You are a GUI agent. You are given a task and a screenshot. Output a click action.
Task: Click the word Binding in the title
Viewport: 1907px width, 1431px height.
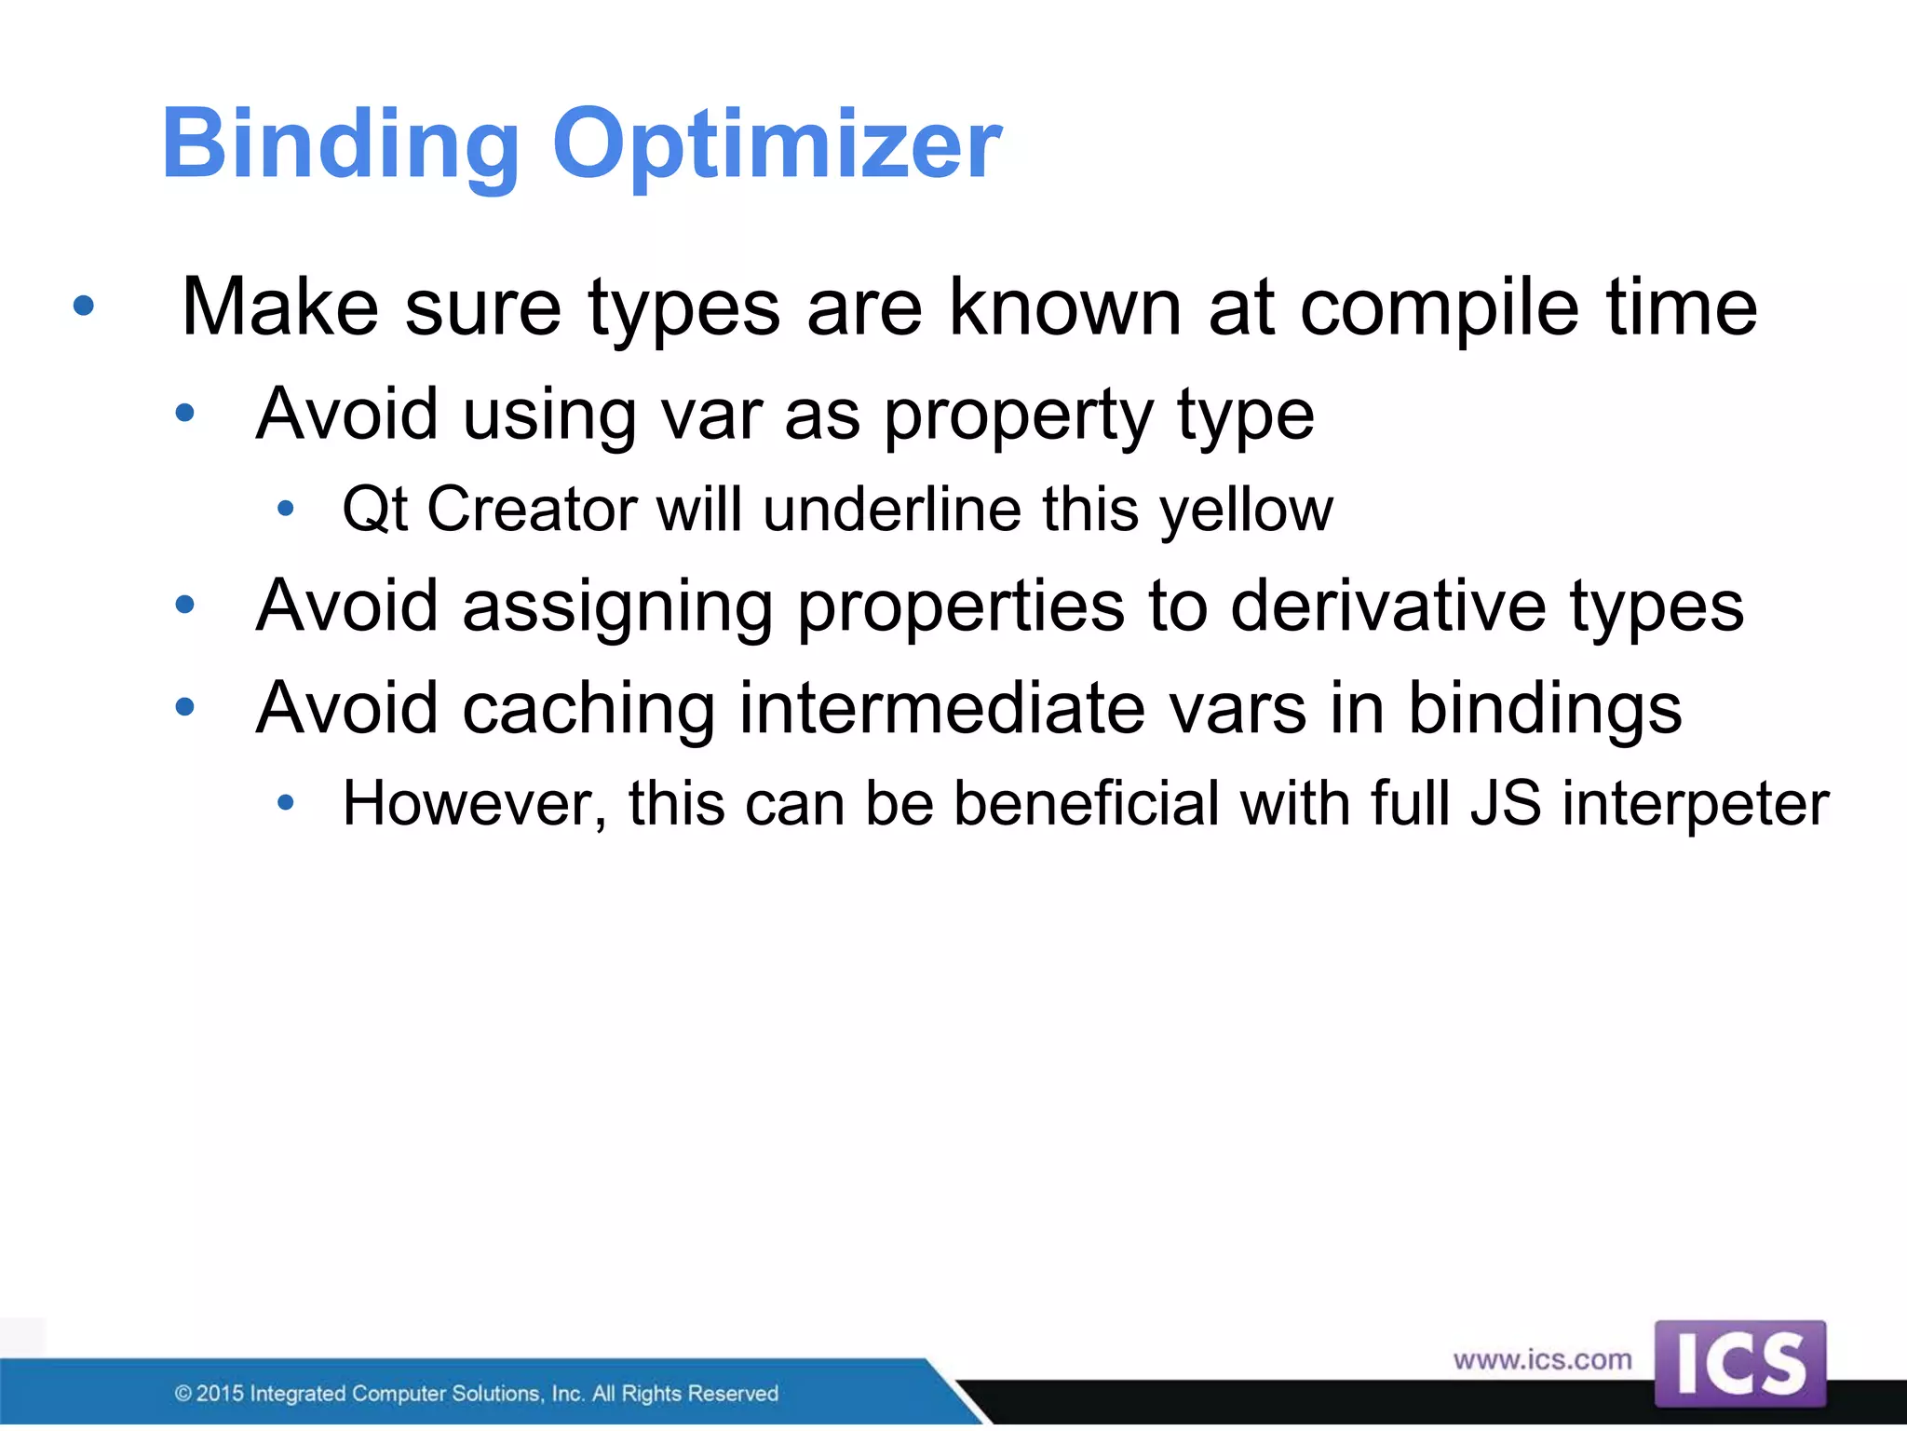pos(340,146)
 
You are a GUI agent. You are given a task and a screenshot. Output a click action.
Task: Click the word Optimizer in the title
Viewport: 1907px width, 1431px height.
pos(777,146)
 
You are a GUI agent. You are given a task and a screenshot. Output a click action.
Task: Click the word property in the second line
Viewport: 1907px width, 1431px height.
pos(1019,416)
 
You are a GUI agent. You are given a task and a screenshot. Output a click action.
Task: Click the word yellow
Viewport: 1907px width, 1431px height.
pos(1247,511)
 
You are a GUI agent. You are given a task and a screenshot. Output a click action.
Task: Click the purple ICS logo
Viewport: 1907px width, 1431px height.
pos(1739,1364)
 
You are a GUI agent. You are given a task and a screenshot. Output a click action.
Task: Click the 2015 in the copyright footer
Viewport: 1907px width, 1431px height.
pos(221,1394)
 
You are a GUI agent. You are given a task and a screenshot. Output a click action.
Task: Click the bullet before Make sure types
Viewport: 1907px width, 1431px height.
pos(84,306)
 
